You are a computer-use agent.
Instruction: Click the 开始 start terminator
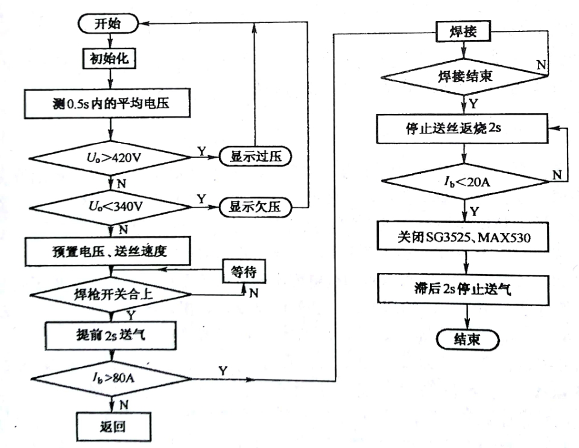[x=109, y=24]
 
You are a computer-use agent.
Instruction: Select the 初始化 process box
[x=109, y=59]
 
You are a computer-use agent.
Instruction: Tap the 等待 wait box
[x=244, y=272]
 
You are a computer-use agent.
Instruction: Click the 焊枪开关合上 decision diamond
[x=110, y=295]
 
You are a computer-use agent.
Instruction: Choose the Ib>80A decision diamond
[x=110, y=379]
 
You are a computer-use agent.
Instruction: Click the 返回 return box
[x=110, y=426]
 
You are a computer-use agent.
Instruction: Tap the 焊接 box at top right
[x=463, y=31]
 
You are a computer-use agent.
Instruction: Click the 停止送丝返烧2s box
[x=463, y=129]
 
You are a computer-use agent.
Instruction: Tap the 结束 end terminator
[x=467, y=341]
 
